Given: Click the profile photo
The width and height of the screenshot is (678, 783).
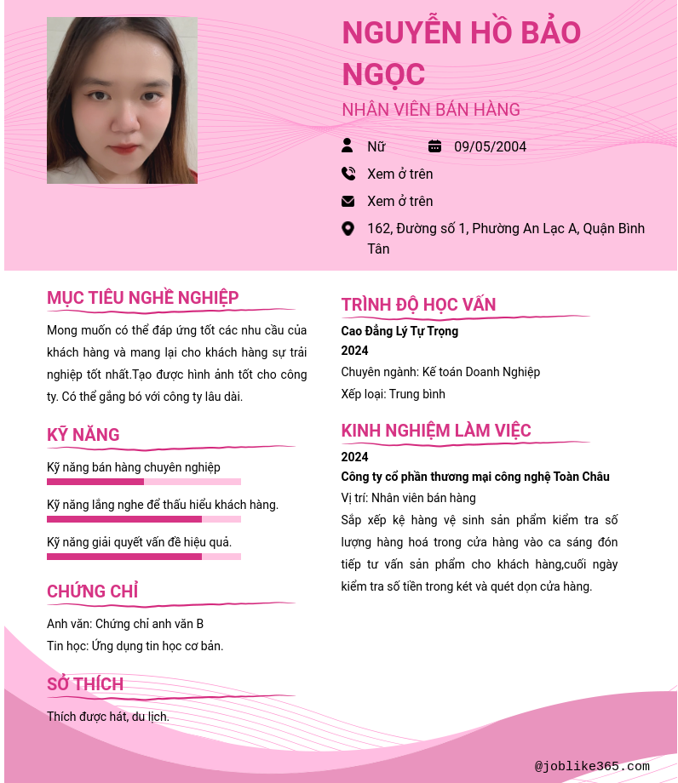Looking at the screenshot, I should click(x=122, y=100).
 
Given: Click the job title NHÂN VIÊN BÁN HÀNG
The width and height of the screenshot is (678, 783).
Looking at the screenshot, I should click(x=430, y=110).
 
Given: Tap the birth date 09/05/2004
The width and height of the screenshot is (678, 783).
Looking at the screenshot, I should click(x=490, y=146).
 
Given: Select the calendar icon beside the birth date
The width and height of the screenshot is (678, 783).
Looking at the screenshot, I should click(x=434, y=146).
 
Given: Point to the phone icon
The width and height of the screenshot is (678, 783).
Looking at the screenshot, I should click(x=348, y=174).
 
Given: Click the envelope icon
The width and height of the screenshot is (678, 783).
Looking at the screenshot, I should click(x=348, y=201).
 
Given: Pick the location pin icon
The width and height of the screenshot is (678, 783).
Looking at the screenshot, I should click(x=348, y=228).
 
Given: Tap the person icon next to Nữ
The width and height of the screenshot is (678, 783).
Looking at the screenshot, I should click(x=348, y=146).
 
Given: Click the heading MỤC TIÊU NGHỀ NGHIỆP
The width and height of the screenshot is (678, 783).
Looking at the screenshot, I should click(x=143, y=298).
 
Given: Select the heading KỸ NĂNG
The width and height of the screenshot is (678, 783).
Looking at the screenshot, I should click(x=83, y=435).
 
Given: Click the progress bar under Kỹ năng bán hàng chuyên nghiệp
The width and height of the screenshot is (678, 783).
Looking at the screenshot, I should click(x=144, y=482).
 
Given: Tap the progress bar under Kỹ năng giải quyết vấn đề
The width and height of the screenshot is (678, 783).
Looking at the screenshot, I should click(x=144, y=557).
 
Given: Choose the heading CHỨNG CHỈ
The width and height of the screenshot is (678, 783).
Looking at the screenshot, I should click(x=92, y=592).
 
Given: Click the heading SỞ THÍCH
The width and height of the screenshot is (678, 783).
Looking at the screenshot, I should click(x=85, y=684).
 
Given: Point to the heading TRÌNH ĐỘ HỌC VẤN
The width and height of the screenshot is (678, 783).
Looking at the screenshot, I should click(x=418, y=305).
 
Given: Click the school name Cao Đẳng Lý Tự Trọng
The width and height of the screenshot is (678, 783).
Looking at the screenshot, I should click(x=399, y=331).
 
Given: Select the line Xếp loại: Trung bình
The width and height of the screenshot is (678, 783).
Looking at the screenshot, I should click(x=393, y=394).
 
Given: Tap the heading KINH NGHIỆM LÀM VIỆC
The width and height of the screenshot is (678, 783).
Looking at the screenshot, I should click(x=436, y=431).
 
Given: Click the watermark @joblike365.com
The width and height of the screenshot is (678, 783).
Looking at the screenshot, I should click(x=592, y=767).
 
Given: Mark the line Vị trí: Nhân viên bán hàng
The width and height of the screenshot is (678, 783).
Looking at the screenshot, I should click(x=408, y=498).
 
